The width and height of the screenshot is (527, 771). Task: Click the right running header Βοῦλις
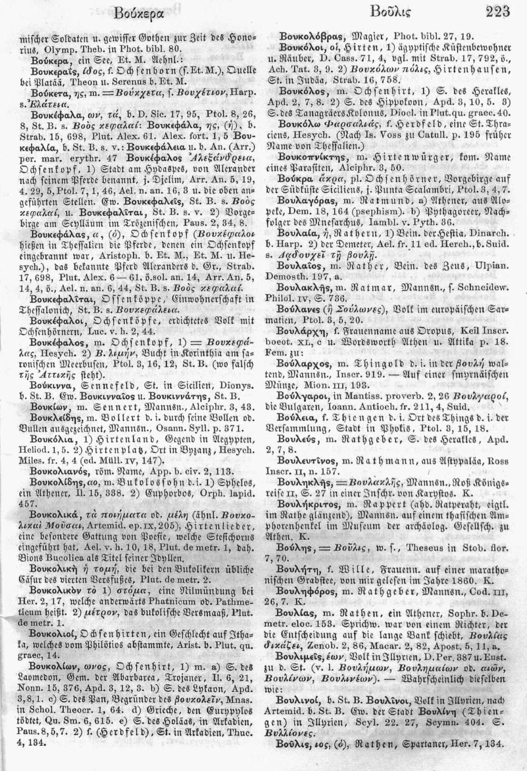coord(391,12)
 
